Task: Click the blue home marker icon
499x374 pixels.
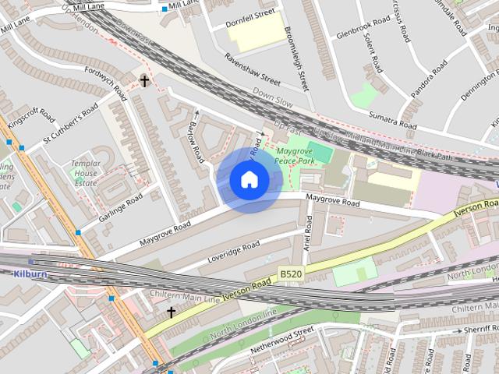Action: click(249, 179)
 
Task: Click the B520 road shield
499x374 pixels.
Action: click(291, 273)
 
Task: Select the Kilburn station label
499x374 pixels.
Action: click(30, 274)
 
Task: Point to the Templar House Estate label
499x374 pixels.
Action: click(85, 173)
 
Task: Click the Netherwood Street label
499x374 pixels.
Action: click(282, 340)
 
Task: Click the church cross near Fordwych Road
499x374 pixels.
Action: click(144, 80)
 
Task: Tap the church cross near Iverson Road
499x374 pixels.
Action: click(171, 312)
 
